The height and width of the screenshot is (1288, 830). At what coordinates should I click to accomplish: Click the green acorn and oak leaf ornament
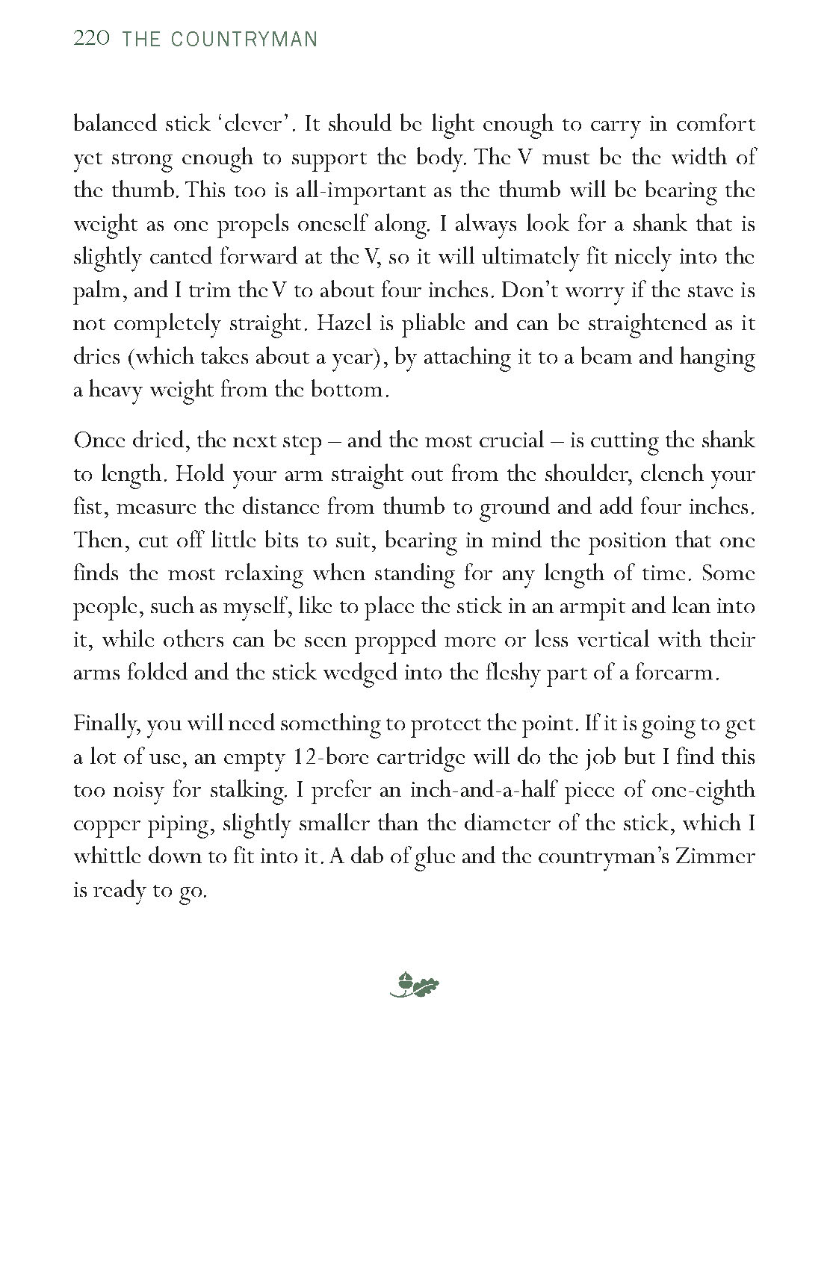tap(415, 985)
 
